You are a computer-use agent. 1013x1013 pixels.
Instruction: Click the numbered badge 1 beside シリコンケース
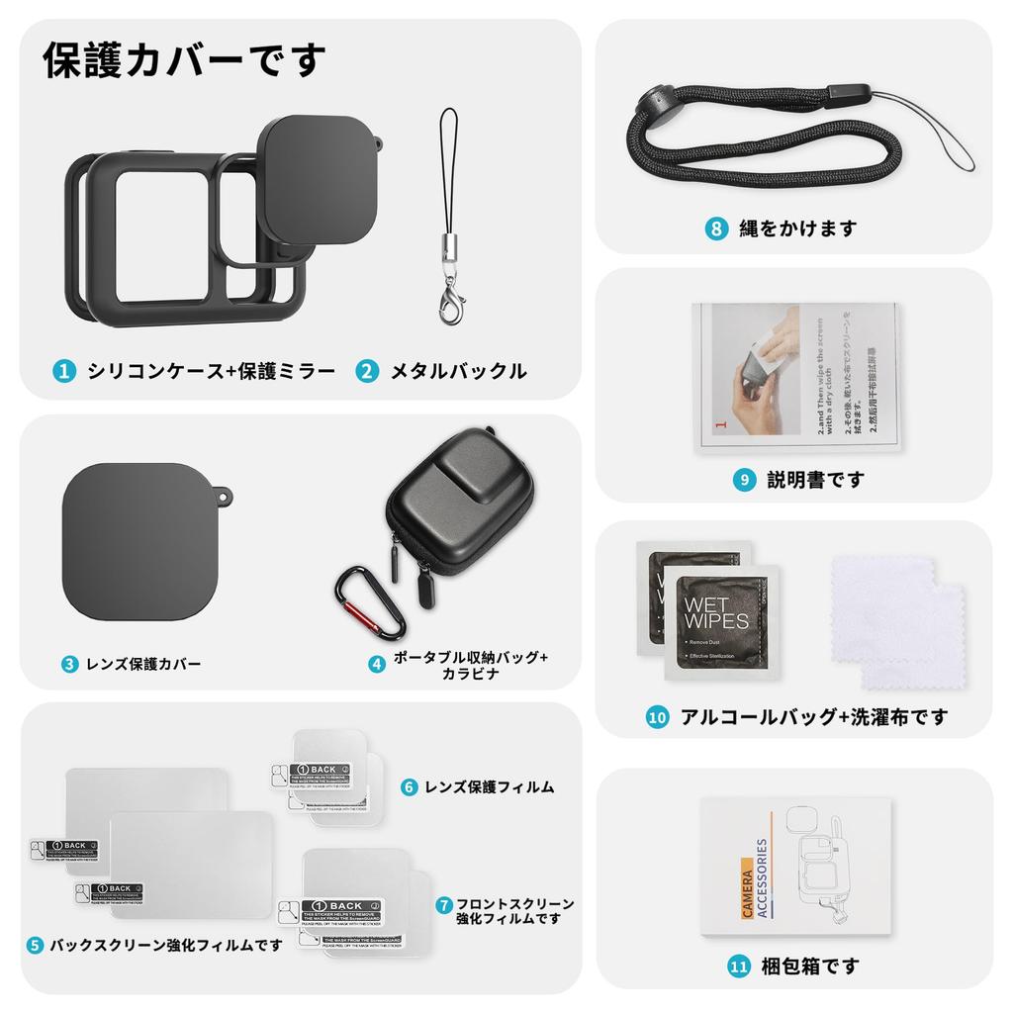point(63,372)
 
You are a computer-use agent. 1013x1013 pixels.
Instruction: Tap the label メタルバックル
point(458,372)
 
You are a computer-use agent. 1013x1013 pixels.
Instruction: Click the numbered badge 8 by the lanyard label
point(717,228)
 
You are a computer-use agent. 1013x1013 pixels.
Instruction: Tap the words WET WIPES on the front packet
point(716,612)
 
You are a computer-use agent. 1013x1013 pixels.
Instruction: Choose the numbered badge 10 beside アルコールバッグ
point(658,717)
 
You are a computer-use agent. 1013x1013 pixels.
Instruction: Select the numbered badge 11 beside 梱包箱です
point(738,966)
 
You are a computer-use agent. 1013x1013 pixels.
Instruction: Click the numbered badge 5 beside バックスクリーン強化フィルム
point(35,945)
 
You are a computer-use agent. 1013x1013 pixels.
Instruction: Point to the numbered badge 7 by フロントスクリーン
point(443,904)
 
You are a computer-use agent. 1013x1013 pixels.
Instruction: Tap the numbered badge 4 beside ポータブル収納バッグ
point(377,664)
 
